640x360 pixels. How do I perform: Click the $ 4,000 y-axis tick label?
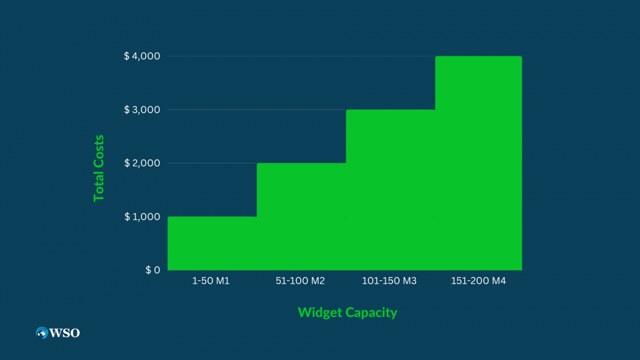[x=142, y=56]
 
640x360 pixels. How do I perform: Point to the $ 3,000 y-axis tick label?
[x=142, y=110]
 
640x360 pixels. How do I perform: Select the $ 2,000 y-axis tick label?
[x=142, y=163]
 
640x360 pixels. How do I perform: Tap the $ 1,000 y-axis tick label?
[x=142, y=217]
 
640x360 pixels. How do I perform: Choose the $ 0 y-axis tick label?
[x=153, y=270]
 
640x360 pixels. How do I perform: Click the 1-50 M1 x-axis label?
[x=211, y=281]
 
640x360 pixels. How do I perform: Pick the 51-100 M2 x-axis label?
[x=300, y=281]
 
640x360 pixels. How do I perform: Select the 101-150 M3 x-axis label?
[x=390, y=281]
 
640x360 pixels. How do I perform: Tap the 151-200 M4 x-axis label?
[x=478, y=281]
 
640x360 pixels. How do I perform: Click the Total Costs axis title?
[x=99, y=168]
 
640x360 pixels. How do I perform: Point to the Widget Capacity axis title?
[x=347, y=312]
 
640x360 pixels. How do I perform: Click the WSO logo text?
[x=65, y=333]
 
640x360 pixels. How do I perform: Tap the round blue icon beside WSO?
[x=42, y=333]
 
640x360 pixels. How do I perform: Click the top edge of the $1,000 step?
[x=212, y=217]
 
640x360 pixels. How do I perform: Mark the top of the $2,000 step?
[x=301, y=163]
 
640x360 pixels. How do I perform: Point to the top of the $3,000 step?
[x=390, y=110]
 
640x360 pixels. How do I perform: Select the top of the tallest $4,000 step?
[x=478, y=57]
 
